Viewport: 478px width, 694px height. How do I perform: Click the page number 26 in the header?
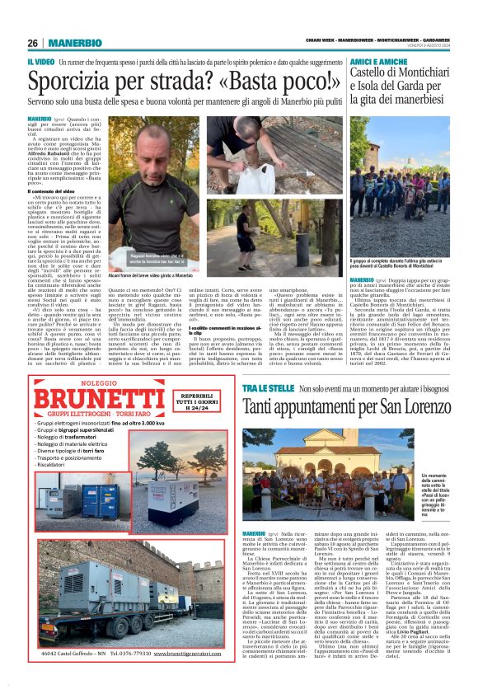[x=33, y=43]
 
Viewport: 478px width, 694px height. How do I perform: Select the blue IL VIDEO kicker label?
[x=41, y=62]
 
